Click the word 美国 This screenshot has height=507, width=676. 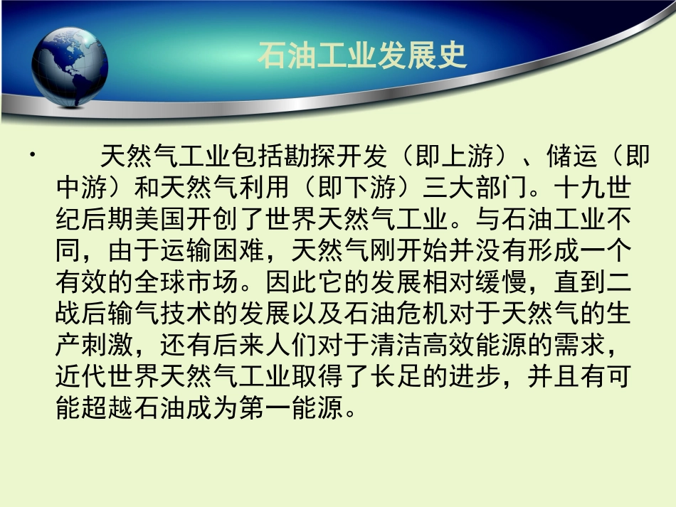point(163,220)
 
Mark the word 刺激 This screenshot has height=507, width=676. point(96,346)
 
